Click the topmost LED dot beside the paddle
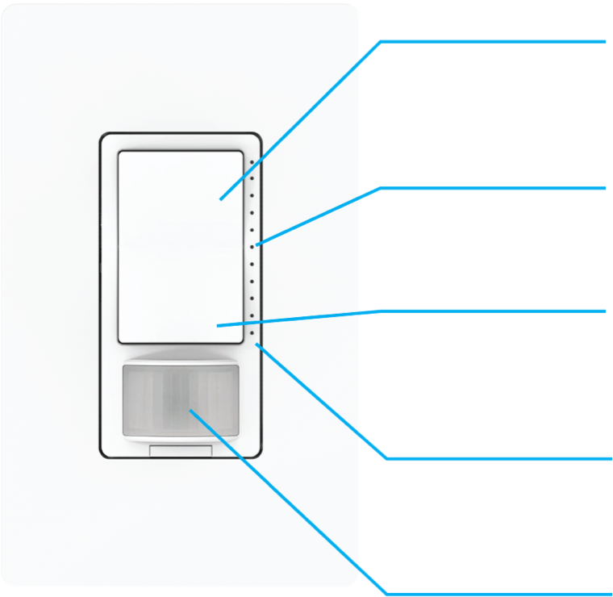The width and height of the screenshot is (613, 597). pyautogui.click(x=252, y=161)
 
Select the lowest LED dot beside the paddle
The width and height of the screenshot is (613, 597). pyautogui.click(x=252, y=332)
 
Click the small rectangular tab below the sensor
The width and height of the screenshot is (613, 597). pyautogui.click(x=181, y=452)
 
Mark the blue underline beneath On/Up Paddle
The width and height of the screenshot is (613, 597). pyautogui.click(x=500, y=40)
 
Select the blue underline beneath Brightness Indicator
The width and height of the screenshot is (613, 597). pyautogui.click(x=500, y=188)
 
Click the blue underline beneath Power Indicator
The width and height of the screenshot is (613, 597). pyautogui.click(x=500, y=458)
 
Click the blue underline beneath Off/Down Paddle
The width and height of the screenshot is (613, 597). pyautogui.click(x=500, y=310)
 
